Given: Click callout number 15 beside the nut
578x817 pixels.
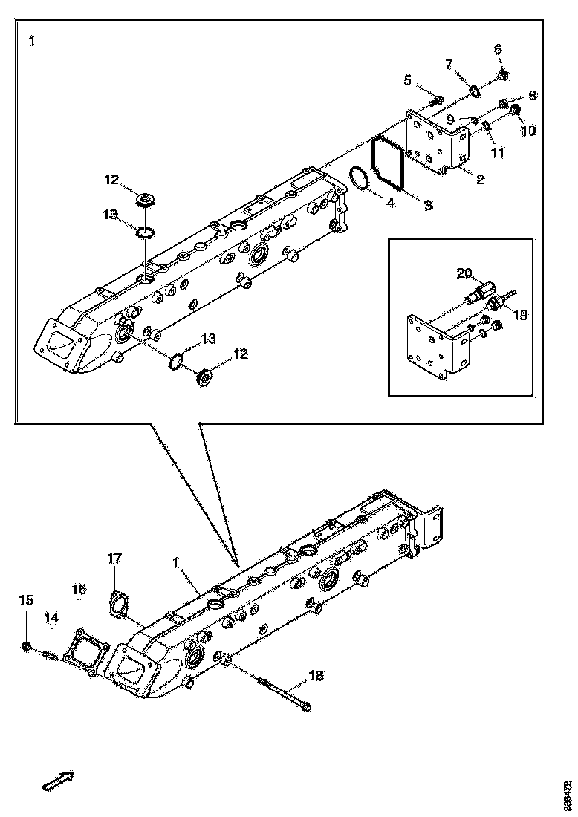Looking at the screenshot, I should click(26, 600).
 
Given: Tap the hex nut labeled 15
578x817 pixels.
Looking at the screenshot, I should click(27, 648).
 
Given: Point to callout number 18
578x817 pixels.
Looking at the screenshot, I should click(316, 674).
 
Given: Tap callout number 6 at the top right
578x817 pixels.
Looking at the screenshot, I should click(499, 49).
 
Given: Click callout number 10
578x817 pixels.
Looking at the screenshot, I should click(528, 130).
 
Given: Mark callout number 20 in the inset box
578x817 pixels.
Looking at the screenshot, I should click(464, 273).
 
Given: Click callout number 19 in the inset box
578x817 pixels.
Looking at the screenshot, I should click(519, 315).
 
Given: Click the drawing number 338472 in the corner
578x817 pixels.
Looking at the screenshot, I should click(568, 795).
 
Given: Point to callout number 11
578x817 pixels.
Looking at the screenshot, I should click(496, 153).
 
